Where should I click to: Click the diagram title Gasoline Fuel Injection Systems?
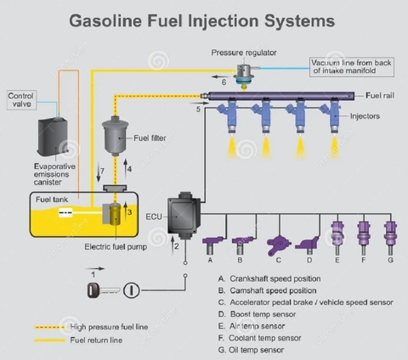point(201,19)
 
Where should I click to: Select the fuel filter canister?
point(115,136)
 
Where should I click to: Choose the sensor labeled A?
point(211,242)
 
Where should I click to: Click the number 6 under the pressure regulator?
point(224,83)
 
